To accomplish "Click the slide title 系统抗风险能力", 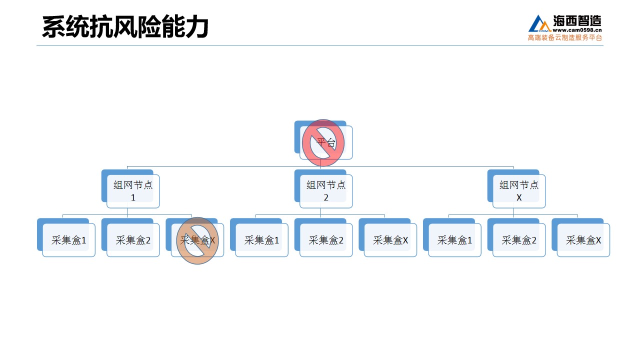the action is pos(125,26).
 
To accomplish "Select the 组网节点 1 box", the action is pos(130,189).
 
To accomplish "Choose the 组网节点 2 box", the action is pos(323,189).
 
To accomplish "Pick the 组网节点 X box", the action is pos(516,189).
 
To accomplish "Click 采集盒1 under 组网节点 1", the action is pos(66,237).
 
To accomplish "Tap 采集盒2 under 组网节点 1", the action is pos(130,237).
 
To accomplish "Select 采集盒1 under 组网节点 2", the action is pos(259,237).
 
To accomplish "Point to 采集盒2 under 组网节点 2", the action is pos(323,237).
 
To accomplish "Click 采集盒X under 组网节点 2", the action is pos(387,237).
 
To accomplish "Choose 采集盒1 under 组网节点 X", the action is pos(452,237).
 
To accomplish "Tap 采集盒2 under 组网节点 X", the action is pos(516,237).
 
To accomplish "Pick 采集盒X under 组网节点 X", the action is pos(580,237).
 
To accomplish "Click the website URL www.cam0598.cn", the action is pos(577,30).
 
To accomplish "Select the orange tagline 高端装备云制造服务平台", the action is pos(565,37).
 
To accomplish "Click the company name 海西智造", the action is pos(577,20).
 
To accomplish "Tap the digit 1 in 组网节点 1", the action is pos(133,197).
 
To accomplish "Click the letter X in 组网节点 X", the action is pos(519,197).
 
